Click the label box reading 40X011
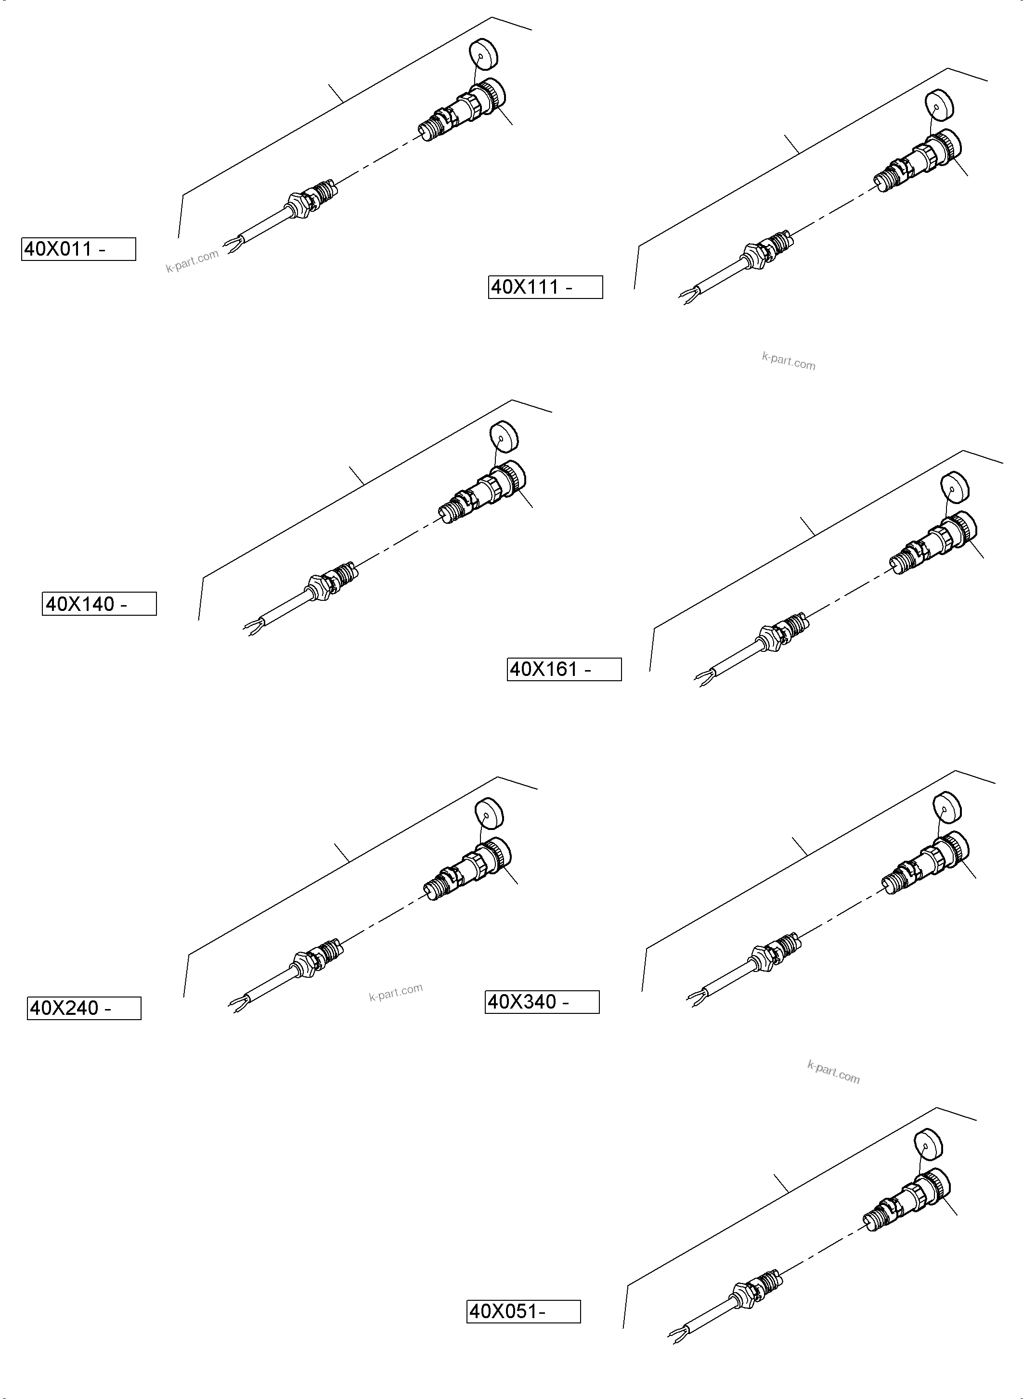tap(78, 249)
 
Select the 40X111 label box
tap(545, 287)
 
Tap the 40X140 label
tap(99, 604)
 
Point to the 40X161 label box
tap(564, 670)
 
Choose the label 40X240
tap(84, 1008)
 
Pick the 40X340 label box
tap(542, 1002)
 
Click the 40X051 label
tap(523, 1312)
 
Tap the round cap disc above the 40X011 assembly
tap(484, 54)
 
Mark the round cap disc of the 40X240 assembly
tap(489, 813)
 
